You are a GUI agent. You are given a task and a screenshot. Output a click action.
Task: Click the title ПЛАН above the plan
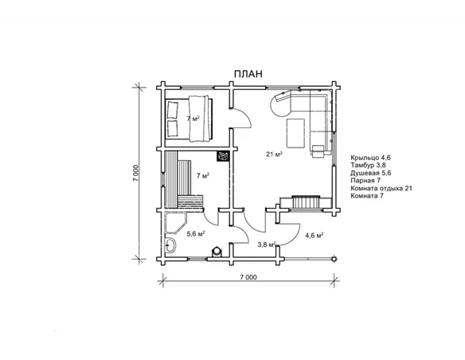tap(248, 74)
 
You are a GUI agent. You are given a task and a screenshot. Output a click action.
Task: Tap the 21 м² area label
tap(274, 154)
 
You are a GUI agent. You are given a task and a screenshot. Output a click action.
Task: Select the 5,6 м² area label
tap(196, 233)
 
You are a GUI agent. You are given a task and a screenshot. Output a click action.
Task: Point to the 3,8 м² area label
tap(266, 245)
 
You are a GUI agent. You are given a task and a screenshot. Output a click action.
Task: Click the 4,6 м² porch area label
tap(314, 236)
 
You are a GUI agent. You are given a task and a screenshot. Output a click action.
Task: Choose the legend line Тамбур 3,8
tap(369, 165)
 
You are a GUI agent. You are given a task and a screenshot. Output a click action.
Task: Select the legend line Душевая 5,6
tap(371, 173)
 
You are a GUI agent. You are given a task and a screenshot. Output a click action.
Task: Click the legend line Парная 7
tap(365, 180)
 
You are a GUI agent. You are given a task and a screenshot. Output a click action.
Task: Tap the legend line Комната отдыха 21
tap(381, 188)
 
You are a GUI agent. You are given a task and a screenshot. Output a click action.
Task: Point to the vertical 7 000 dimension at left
tap(136, 173)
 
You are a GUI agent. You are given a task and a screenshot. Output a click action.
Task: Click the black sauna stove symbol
tap(223, 156)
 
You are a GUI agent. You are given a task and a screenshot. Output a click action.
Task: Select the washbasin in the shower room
tap(170, 245)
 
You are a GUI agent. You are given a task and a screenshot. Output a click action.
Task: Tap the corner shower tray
tap(175, 222)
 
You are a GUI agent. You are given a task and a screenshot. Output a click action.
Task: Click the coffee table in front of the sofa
tap(295, 133)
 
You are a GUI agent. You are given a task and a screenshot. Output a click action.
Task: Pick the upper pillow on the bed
tap(173, 109)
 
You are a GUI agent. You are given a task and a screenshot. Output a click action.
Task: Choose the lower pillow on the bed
tap(172, 128)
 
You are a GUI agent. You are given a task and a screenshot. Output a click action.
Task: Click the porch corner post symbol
tap(334, 259)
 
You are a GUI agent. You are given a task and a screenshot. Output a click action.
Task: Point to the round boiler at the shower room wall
tap(217, 251)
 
